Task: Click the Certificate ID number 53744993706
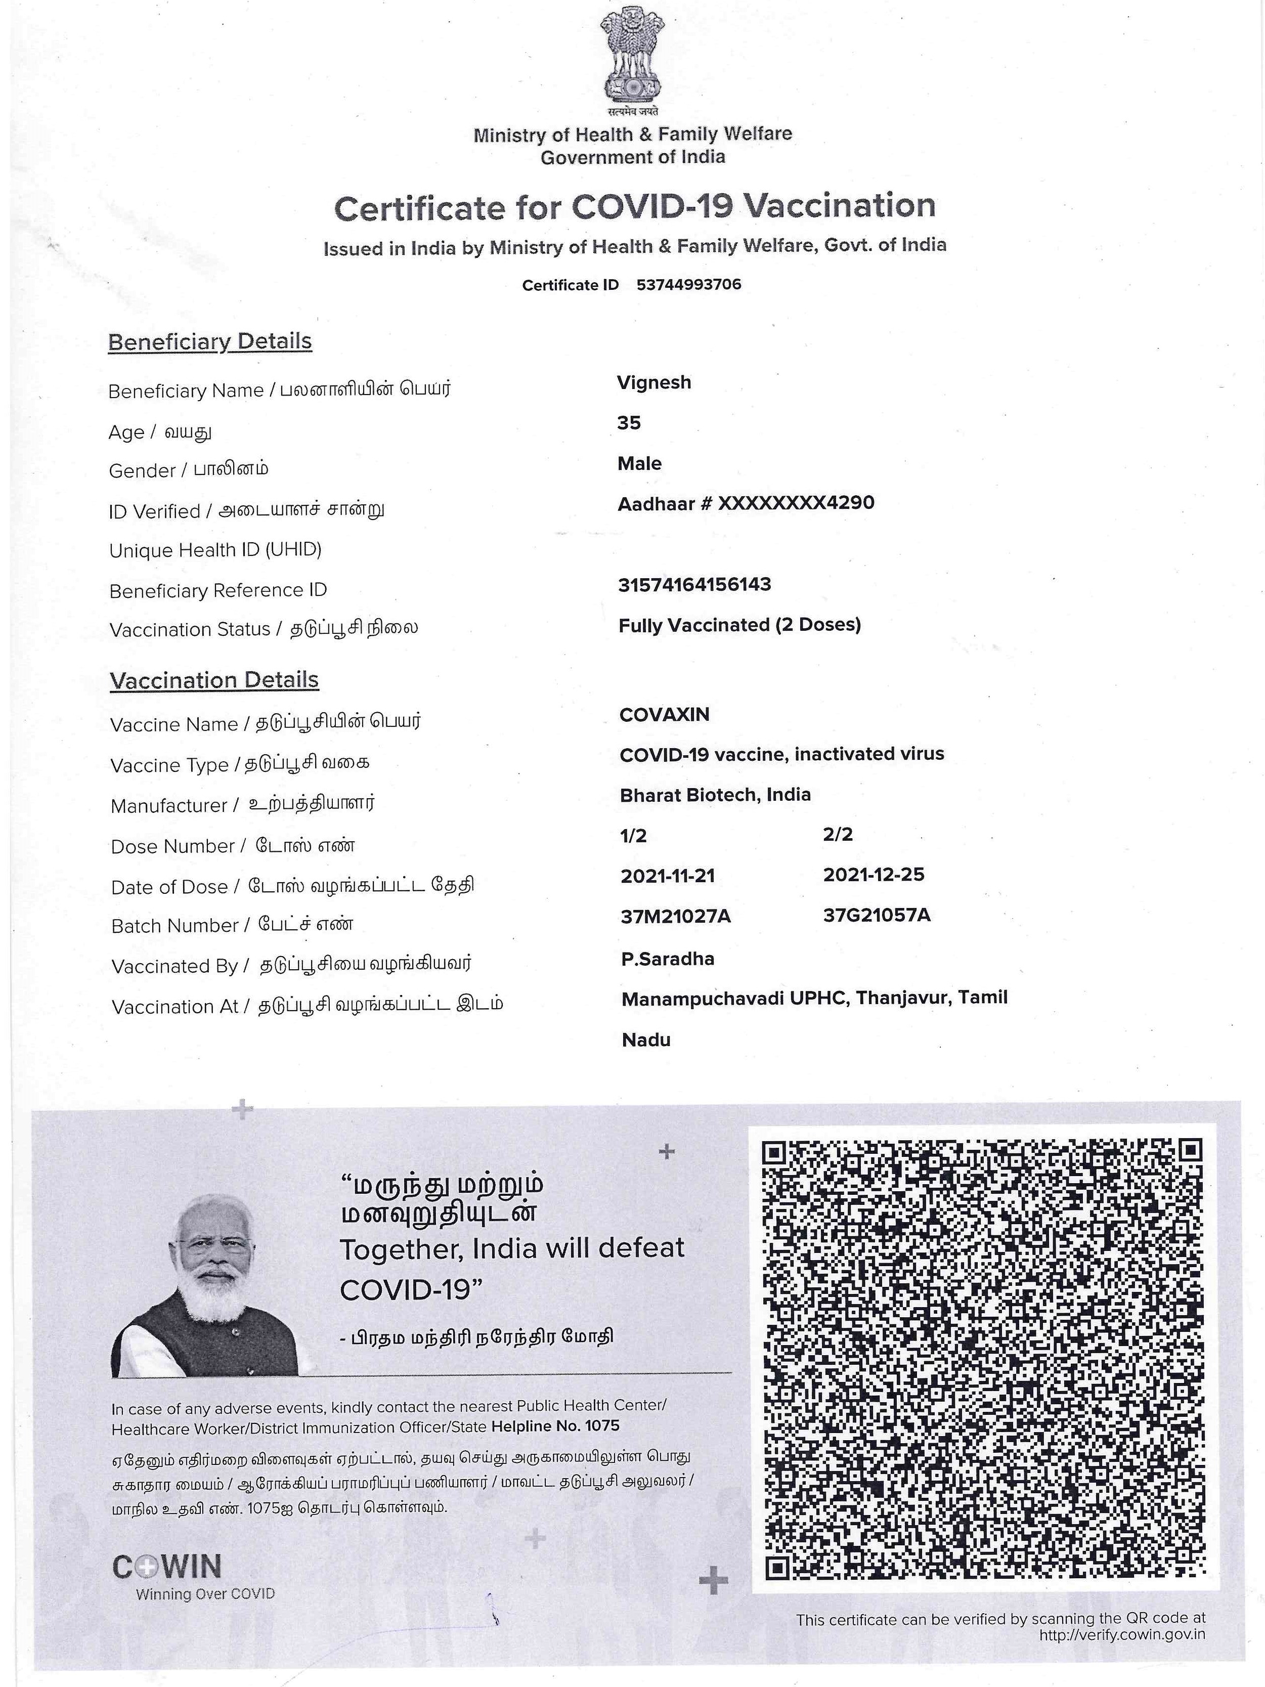coord(688,284)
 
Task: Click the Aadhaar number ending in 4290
coord(746,503)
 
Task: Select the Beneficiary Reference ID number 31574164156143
coord(694,584)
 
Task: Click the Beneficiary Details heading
coord(210,341)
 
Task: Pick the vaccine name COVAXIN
coord(664,715)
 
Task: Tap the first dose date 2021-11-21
coord(667,876)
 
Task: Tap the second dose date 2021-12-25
coord(873,874)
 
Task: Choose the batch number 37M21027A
coord(675,916)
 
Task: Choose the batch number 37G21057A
coord(876,915)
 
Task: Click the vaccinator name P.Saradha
coord(667,959)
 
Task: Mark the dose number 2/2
coord(837,834)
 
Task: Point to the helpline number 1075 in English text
coord(601,1425)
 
